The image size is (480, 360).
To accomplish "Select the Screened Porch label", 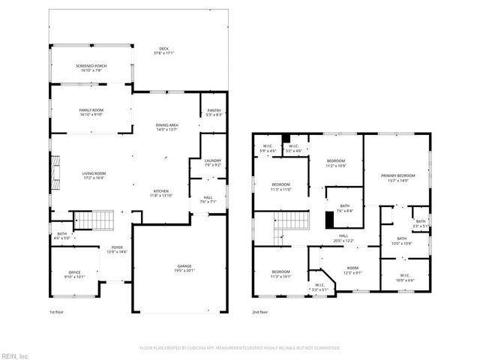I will (91, 68).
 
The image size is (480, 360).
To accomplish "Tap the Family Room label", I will (91, 112).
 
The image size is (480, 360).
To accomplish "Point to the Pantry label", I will (214, 112).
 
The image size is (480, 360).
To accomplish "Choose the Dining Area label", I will (166, 127).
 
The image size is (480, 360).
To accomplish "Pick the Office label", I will (74, 274).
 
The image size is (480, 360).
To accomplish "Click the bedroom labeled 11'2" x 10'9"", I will (335, 163).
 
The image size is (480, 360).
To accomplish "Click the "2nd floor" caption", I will (260, 312).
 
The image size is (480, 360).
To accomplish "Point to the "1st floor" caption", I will (57, 312).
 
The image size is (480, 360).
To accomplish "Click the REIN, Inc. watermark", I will (15, 355).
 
